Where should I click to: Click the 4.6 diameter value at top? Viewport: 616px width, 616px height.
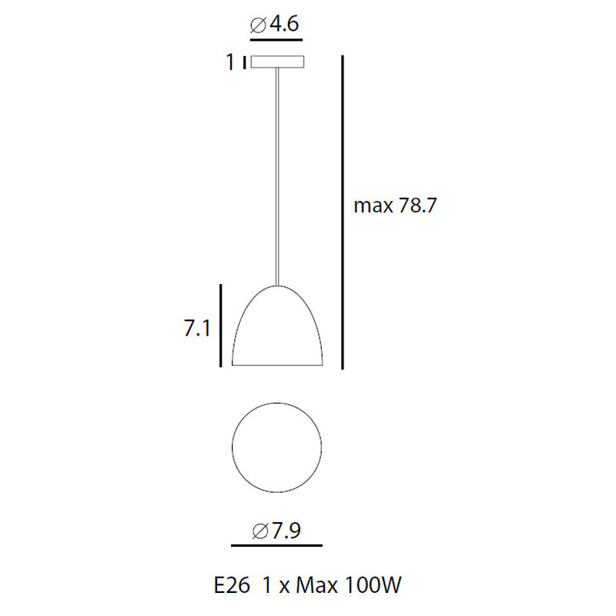tap(284, 24)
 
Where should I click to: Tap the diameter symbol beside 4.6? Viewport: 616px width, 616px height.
tap(259, 25)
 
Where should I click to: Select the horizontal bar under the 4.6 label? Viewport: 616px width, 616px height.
tap(276, 40)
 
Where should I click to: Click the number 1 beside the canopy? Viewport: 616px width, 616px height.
tap(230, 62)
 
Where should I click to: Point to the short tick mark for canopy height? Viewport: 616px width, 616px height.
tap(245, 62)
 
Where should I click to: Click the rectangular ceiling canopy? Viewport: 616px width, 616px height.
tap(277, 62)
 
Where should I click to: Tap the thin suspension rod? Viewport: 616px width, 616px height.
tap(277, 177)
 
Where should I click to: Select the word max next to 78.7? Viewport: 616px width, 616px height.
tap(373, 206)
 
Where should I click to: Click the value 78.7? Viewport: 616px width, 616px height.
tap(417, 205)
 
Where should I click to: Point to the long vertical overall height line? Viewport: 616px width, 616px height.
tap(343, 213)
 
